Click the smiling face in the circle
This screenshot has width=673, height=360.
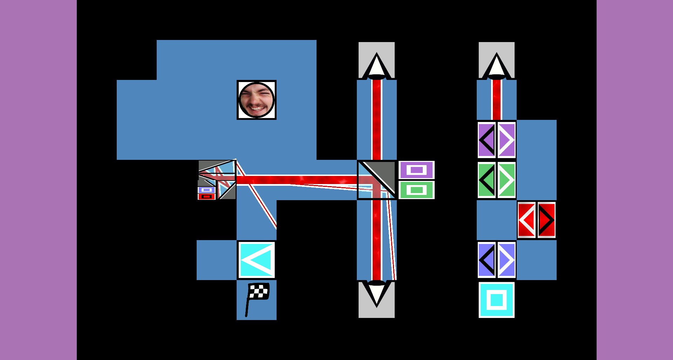[x=257, y=100]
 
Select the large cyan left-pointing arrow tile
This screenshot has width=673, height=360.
[x=257, y=260]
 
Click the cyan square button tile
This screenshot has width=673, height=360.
[x=496, y=300]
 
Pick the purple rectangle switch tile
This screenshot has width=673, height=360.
[x=416, y=170]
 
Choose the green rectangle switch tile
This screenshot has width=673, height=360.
[x=416, y=190]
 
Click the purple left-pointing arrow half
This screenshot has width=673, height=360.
[x=487, y=140]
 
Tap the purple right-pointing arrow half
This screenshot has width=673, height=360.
[x=507, y=140]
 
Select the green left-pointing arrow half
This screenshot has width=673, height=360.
[x=487, y=180]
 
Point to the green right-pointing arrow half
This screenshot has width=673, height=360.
[x=507, y=180]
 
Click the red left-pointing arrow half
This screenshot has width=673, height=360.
[x=526, y=220]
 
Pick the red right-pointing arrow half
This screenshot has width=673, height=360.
[x=546, y=220]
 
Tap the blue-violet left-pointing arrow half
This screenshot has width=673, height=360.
[x=487, y=260]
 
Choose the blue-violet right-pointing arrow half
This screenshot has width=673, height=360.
[x=507, y=260]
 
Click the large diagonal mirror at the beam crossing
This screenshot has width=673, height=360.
[x=377, y=180]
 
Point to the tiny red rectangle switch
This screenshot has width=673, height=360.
[x=206, y=197]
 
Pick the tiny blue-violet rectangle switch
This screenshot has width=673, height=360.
[x=206, y=190]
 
